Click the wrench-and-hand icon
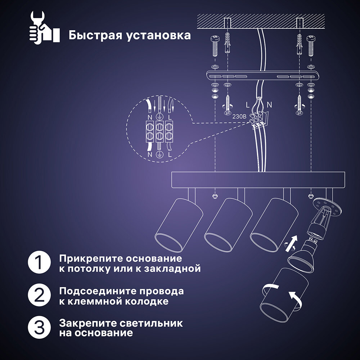point(43,27)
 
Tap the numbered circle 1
point(39,263)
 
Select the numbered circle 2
point(39,295)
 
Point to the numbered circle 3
point(39,327)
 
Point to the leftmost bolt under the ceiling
point(215,45)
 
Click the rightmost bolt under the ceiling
point(310,45)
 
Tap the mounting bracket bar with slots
point(263,76)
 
